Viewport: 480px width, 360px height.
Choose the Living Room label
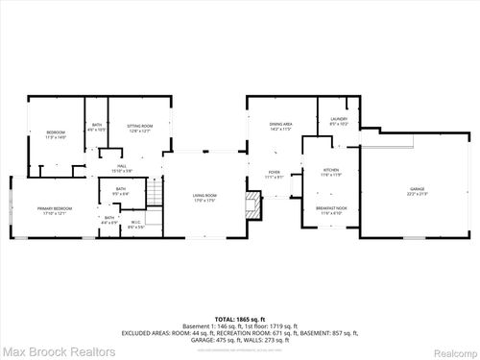click(x=204, y=196)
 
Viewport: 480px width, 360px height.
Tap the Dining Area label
click(x=280, y=126)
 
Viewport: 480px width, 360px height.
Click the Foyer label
click(x=274, y=174)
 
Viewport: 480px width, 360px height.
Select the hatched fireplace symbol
click(x=253, y=204)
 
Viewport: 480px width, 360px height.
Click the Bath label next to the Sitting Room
click(x=97, y=127)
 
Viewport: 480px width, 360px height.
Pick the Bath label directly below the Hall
click(x=120, y=191)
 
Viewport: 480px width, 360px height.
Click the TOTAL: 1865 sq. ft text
click(x=240, y=317)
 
